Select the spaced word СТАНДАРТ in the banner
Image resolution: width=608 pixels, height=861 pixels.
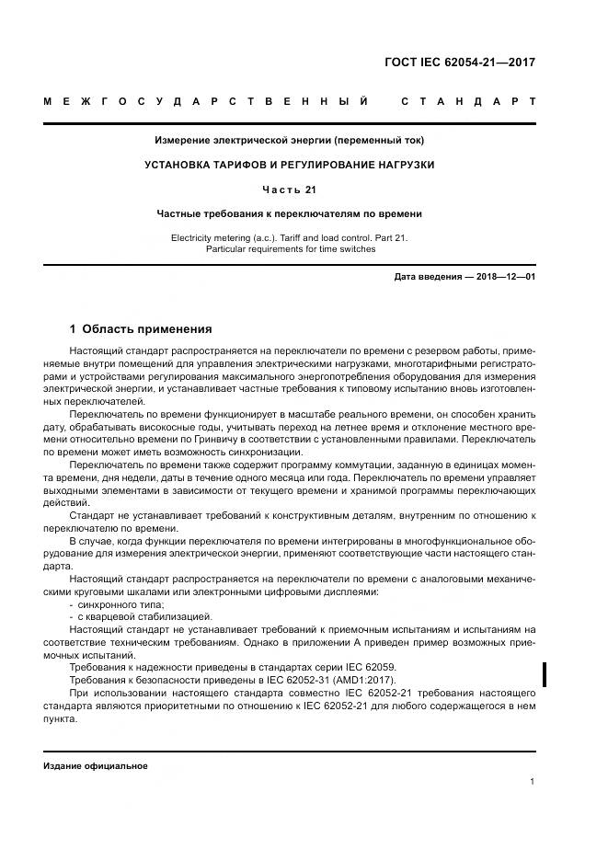pyautogui.click(x=468, y=100)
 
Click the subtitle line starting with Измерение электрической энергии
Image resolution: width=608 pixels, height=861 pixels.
pyautogui.click(x=289, y=141)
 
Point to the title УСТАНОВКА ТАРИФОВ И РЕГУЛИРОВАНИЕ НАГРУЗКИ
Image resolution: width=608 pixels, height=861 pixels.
pyautogui.click(x=289, y=165)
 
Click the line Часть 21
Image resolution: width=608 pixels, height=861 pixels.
pyautogui.click(x=289, y=189)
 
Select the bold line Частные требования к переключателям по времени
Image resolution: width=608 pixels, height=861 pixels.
pyautogui.click(x=289, y=213)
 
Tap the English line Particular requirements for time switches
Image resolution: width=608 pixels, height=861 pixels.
pyautogui.click(x=290, y=249)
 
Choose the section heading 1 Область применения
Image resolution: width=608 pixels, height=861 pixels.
pyautogui.click(x=141, y=328)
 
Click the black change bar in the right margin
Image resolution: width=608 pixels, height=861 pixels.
pyautogui.click(x=546, y=674)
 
